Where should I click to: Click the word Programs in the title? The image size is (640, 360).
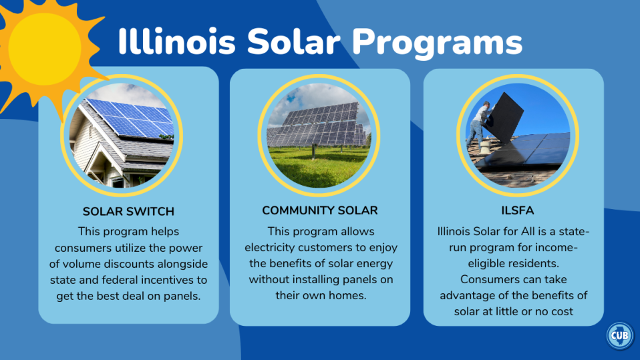click(x=438, y=41)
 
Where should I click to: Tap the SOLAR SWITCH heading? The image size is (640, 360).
click(x=128, y=212)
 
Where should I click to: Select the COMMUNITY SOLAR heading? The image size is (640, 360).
click(x=320, y=210)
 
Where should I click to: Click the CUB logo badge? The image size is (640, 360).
click(x=619, y=335)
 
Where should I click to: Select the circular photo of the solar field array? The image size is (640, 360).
click(x=319, y=134)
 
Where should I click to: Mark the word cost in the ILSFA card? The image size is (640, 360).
click(x=562, y=311)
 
